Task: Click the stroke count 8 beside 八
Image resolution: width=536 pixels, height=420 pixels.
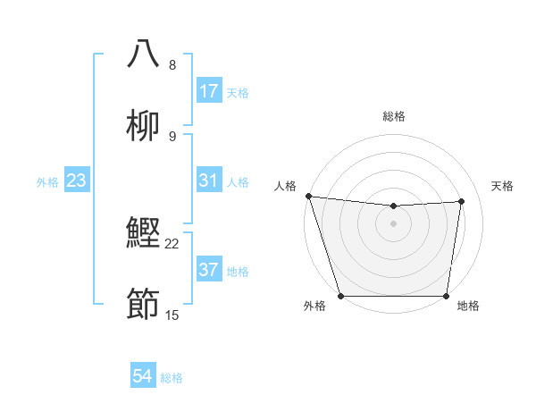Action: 172,64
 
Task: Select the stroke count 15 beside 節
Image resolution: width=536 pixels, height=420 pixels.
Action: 172,315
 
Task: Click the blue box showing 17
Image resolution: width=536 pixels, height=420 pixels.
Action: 209,91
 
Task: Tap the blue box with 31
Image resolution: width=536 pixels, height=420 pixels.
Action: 209,181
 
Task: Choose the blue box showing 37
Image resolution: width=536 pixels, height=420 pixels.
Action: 209,270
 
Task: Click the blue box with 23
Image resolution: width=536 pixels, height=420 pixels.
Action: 76,181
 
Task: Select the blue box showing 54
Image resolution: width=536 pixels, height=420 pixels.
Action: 143,377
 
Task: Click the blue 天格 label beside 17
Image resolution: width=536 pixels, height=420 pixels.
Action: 238,92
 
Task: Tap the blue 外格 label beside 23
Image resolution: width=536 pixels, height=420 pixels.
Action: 47,182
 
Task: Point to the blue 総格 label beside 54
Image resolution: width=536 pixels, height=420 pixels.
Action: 172,378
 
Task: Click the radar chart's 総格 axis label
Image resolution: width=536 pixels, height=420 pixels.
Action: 394,116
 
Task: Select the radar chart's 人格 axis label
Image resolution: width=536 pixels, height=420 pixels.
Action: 286,186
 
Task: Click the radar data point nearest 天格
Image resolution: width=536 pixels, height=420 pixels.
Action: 462,201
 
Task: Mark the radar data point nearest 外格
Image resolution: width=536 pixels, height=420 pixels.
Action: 340,296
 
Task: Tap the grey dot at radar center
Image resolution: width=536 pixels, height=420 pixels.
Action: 394,223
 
